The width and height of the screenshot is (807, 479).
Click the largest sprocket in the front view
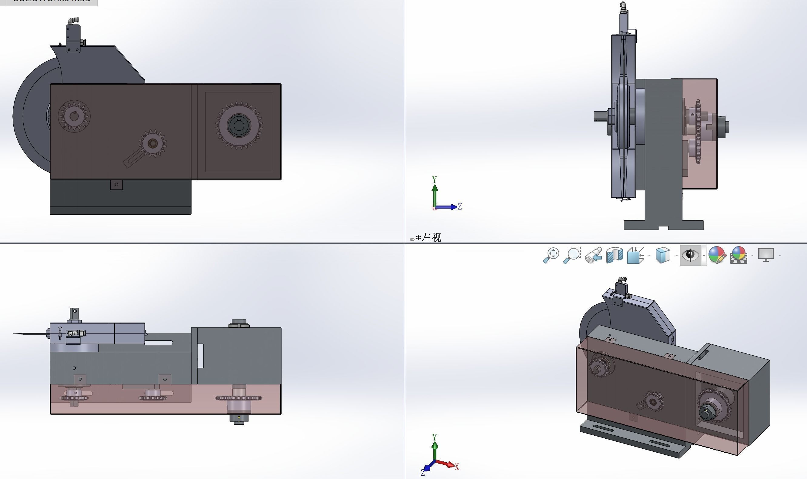(x=239, y=125)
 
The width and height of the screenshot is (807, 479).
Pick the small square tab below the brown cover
(x=116, y=185)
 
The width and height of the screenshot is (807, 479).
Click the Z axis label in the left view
(x=460, y=206)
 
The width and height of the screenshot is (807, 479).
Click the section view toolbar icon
(x=614, y=255)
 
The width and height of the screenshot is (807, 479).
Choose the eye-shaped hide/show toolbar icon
(x=690, y=255)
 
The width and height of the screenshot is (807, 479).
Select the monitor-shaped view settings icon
(x=766, y=255)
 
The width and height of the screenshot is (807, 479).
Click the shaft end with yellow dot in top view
(x=239, y=418)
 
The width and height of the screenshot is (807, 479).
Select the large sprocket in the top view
(x=239, y=398)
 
